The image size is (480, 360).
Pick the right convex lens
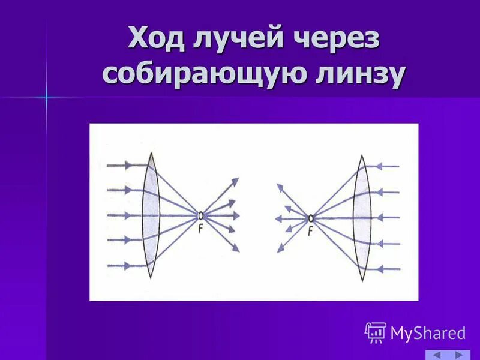[x=362, y=218]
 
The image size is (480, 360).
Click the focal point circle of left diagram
[x=200, y=215]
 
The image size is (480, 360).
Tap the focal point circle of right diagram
[x=311, y=218]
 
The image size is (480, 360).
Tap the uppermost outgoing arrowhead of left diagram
[x=235, y=181]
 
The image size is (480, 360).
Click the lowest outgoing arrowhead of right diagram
[x=280, y=249]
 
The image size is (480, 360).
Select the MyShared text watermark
[x=428, y=333]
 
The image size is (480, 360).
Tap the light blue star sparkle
[x=46, y=97]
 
